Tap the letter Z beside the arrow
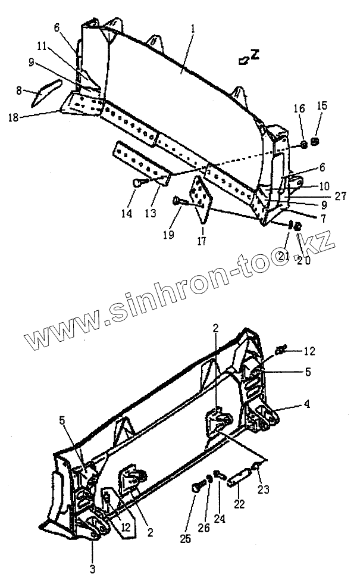click(255, 55)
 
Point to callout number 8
click(19, 91)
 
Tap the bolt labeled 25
click(197, 488)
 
